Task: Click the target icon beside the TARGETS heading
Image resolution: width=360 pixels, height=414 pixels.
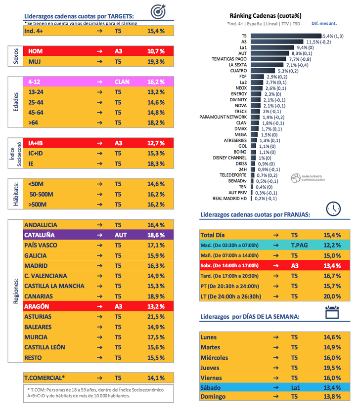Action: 158,11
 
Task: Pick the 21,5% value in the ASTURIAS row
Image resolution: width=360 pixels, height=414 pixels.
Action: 156,316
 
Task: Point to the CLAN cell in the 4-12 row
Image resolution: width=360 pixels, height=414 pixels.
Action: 122,82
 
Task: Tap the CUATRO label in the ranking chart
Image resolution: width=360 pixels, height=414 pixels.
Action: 238,71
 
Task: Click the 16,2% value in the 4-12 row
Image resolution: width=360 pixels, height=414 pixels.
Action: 156,82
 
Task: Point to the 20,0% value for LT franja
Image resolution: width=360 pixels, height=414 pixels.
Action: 332,296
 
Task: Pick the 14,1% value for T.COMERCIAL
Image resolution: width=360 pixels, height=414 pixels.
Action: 156,378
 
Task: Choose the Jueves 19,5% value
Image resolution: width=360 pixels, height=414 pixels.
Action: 332,368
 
